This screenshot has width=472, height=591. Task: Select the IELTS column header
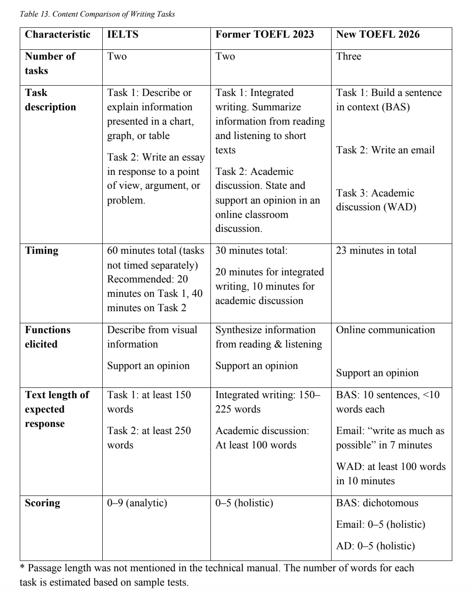click(122, 35)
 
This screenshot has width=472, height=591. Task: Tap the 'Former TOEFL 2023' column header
click(264, 35)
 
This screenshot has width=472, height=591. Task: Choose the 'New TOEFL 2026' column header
click(378, 35)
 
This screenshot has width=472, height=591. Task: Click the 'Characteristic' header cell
click(57, 35)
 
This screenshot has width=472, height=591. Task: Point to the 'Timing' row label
click(42, 250)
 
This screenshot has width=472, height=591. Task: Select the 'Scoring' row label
click(42, 503)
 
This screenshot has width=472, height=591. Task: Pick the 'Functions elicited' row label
click(48, 337)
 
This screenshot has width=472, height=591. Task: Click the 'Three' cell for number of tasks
click(349, 56)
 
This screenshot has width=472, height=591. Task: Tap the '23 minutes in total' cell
click(376, 250)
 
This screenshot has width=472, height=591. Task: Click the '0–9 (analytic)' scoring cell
click(137, 503)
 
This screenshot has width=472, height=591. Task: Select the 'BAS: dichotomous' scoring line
click(377, 503)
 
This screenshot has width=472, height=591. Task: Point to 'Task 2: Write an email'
click(385, 150)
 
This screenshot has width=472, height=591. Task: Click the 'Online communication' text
click(385, 330)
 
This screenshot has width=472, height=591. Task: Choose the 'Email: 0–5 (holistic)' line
click(380, 524)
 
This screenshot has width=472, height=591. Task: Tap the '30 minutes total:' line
click(251, 250)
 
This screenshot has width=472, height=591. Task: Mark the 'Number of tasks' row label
click(50, 63)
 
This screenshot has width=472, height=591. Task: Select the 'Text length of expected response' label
click(57, 409)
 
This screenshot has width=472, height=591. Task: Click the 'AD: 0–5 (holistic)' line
click(375, 546)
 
